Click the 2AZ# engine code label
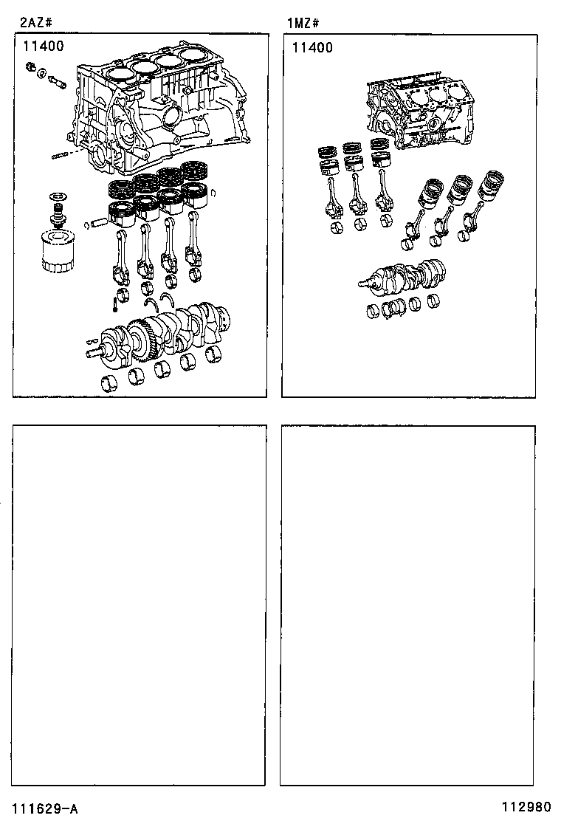pos(32,23)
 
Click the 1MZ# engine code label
pos(303,23)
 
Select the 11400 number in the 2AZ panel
pos(43,46)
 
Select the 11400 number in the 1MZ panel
pos(312,48)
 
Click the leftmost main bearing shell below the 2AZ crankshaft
pos(109,383)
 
